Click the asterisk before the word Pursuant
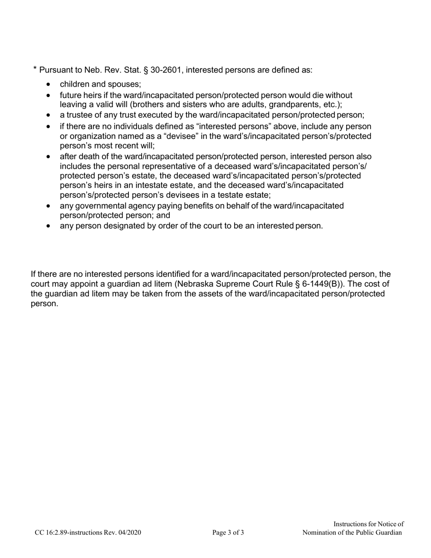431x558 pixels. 35,69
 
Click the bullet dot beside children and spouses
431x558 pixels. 49,84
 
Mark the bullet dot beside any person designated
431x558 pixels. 49,226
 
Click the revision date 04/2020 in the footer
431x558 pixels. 128,533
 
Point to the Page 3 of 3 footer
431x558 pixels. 228,533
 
